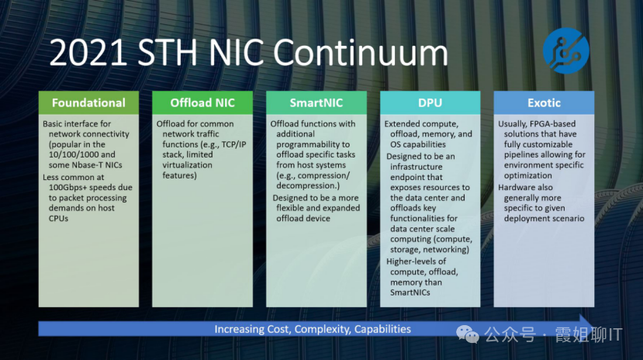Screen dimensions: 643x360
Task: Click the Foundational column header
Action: click(88, 102)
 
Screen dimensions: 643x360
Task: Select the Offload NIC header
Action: click(202, 102)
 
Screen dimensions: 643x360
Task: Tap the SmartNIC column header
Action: click(316, 102)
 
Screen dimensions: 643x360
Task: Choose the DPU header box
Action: click(430, 102)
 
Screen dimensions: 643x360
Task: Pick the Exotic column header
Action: click(544, 102)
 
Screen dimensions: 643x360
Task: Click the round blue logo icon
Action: click(566, 50)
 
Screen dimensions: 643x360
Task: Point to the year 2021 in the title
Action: click(88, 53)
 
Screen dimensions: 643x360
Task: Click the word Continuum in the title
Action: click(361, 53)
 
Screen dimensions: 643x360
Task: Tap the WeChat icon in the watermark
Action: click(468, 334)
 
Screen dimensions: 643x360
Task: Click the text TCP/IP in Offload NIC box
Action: click(233, 144)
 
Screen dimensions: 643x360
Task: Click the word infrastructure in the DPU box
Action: click(417, 167)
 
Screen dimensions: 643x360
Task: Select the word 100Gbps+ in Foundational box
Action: click(67, 188)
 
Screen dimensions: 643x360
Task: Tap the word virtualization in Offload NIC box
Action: click(188, 164)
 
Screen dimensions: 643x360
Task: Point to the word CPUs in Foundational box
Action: click(58, 219)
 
